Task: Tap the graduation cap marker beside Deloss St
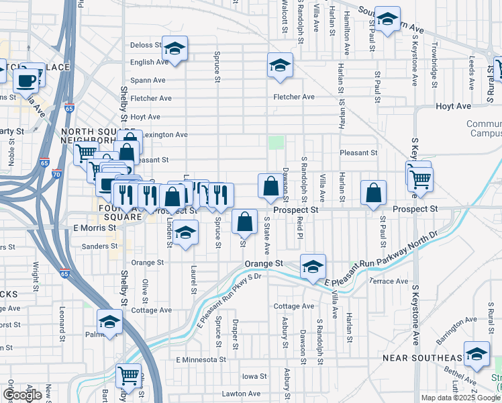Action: pyautogui.click(x=174, y=49)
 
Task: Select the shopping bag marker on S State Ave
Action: pyautogui.click(x=270, y=187)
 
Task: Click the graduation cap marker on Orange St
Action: pyautogui.click(x=313, y=267)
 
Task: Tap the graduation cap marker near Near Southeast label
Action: pyautogui.click(x=477, y=355)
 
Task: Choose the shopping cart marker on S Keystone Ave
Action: pyautogui.click(x=421, y=179)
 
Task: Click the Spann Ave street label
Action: pyautogui.click(x=148, y=80)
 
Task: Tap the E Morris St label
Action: pyautogui.click(x=90, y=228)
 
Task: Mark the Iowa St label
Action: pyautogui.click(x=254, y=376)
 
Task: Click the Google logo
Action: pyautogui.click(x=22, y=395)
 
